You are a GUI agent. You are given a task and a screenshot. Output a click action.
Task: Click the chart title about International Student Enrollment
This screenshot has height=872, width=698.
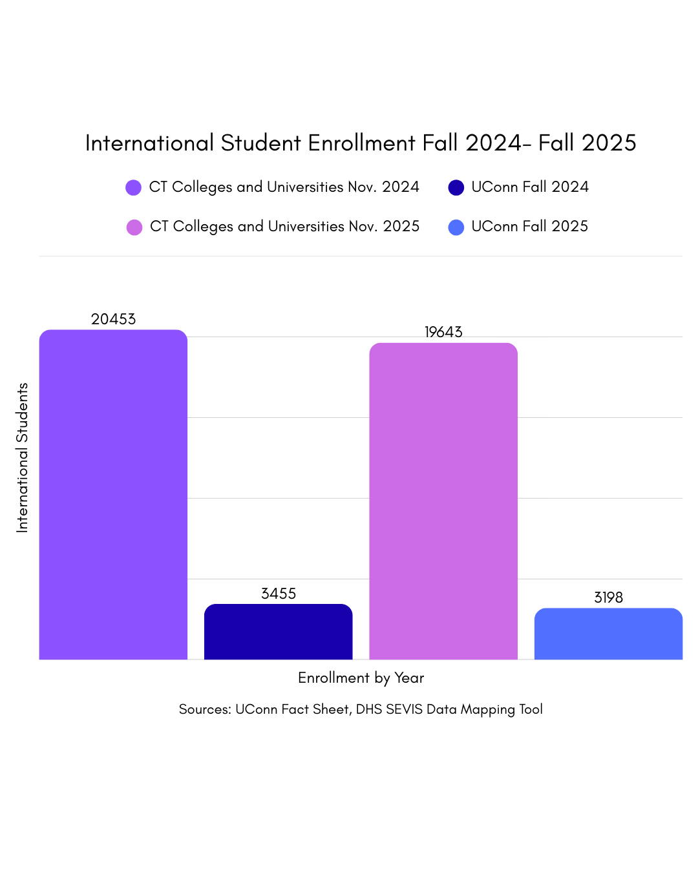click(361, 143)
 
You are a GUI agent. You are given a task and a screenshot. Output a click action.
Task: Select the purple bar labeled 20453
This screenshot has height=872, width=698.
click(113, 494)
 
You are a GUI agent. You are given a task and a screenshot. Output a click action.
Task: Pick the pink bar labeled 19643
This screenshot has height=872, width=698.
click(443, 501)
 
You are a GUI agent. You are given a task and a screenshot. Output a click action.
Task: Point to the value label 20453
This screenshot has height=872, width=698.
click(113, 319)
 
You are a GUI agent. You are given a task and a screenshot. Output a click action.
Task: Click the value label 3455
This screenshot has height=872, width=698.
click(279, 594)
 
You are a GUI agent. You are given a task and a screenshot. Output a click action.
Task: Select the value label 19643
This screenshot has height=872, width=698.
click(443, 332)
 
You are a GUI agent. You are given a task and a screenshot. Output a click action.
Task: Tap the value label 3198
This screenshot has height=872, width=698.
click(608, 597)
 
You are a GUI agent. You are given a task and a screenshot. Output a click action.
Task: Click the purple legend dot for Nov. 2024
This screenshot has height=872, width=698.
click(133, 188)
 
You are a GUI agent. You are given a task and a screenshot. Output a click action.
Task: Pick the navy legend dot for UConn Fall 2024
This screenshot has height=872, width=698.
click(456, 188)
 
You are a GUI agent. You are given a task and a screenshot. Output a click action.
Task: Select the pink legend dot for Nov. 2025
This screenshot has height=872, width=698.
click(134, 227)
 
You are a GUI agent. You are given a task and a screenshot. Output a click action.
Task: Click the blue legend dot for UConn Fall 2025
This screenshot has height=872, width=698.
click(456, 227)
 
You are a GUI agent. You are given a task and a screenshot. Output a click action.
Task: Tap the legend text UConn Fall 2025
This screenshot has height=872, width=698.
click(529, 226)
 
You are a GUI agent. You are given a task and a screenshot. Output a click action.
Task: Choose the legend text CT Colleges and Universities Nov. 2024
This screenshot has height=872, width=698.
click(284, 187)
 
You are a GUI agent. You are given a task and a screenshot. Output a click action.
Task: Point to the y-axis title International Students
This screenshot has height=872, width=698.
click(23, 457)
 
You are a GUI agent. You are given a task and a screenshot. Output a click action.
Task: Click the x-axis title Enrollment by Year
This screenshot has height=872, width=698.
click(361, 678)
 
